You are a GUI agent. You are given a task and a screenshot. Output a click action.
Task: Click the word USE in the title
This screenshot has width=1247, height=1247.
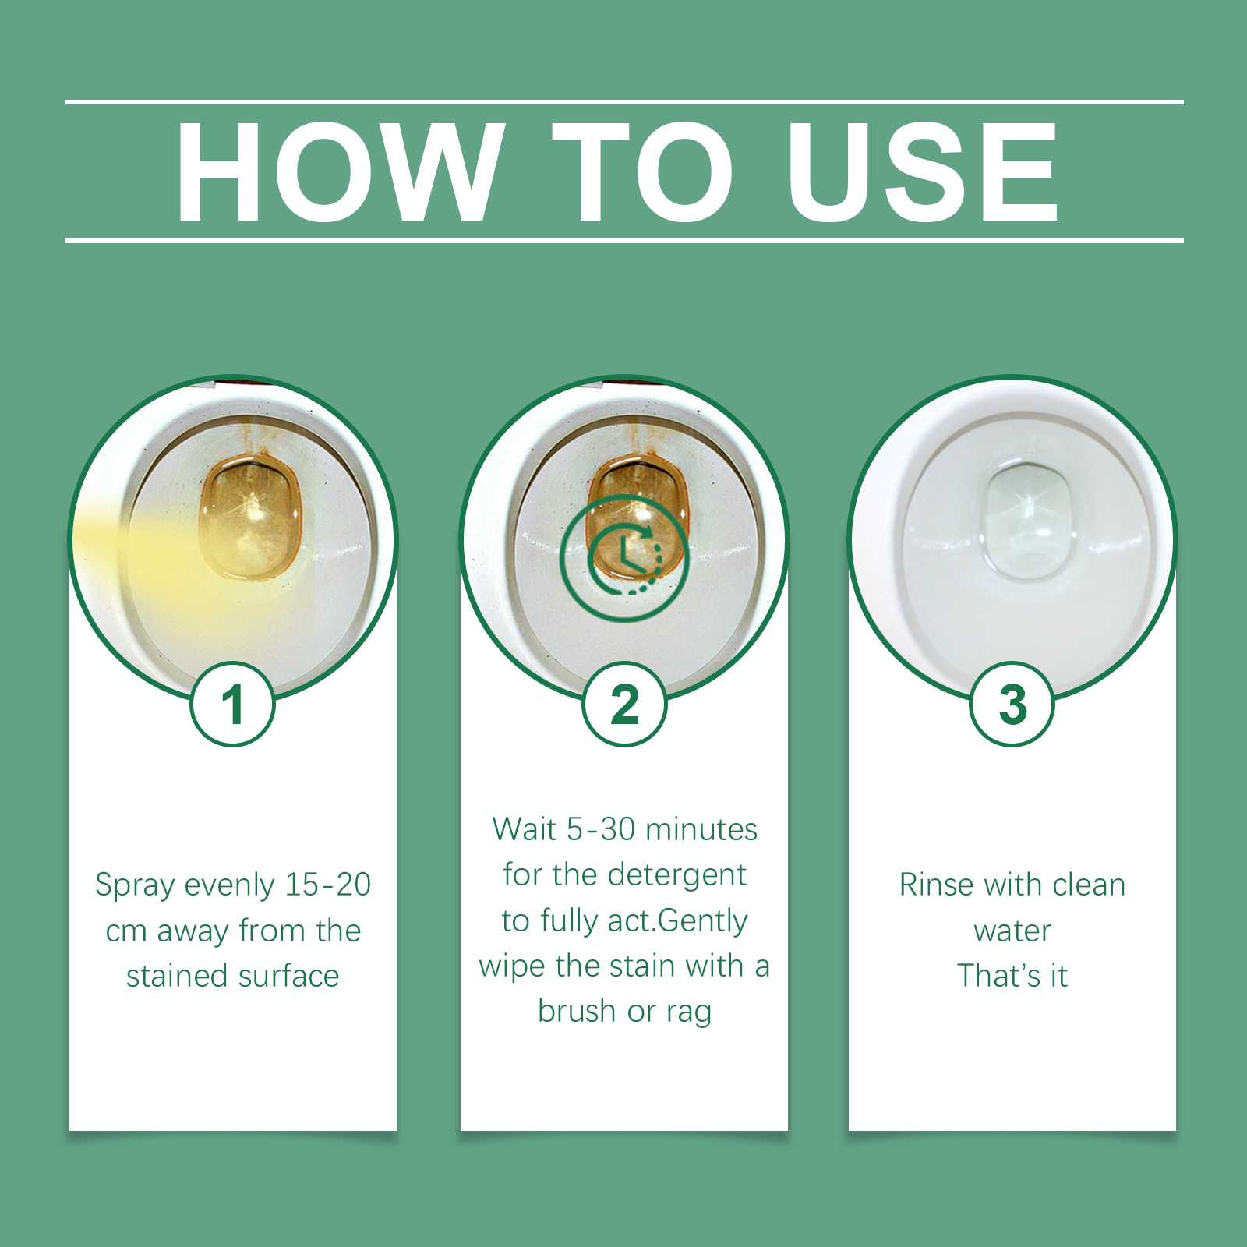pos(921,173)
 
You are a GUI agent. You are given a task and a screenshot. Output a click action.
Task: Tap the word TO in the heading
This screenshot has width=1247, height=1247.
pos(642,173)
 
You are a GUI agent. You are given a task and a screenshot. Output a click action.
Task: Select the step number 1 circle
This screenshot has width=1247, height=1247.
pos(232,704)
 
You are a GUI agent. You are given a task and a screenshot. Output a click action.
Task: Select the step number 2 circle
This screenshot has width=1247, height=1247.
pos(624,704)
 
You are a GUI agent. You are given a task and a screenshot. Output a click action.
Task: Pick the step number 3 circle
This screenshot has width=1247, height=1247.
pos(1012,704)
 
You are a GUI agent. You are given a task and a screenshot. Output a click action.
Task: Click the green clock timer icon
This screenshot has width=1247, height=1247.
pos(624,557)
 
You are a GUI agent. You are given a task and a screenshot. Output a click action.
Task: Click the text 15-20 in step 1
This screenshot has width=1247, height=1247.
pos(327,885)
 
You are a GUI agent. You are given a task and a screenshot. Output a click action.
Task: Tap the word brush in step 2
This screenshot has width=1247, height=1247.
pos(576,1011)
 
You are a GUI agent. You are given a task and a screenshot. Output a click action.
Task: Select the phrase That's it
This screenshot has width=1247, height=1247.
pos(1012,976)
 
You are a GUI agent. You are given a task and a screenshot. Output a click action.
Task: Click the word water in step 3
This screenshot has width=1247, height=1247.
pos(1012,931)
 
